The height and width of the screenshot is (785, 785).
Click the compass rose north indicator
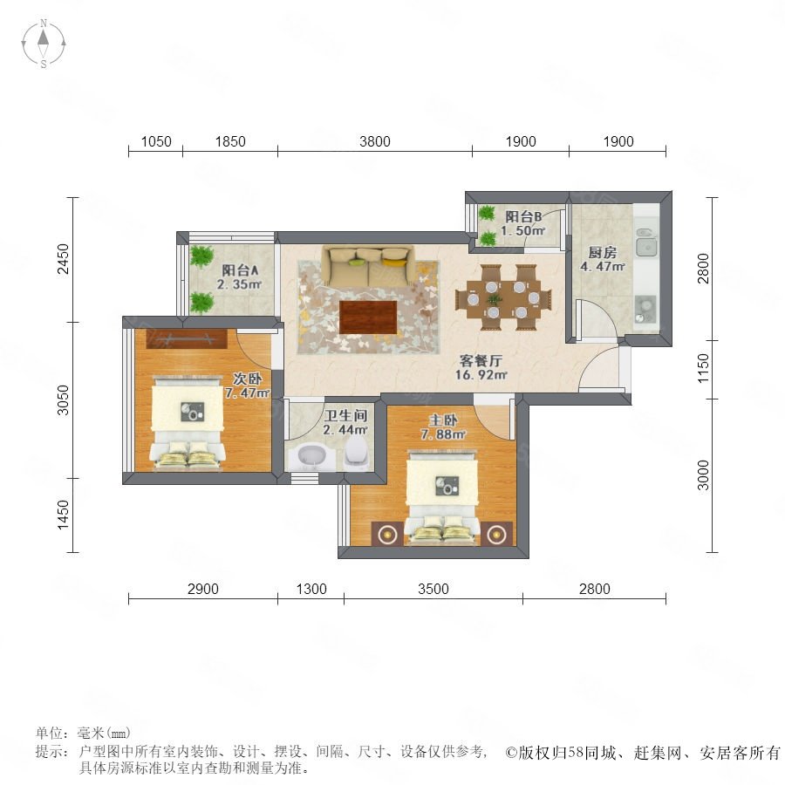tap(44, 23)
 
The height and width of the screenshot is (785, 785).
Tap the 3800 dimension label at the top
tap(374, 141)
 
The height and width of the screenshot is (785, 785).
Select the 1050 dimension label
tap(156, 141)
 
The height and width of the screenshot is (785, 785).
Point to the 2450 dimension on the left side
tap(63, 259)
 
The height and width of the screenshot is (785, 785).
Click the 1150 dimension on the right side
tap(703, 368)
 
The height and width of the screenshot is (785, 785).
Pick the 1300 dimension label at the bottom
tap(311, 589)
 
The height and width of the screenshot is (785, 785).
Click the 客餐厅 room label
tap(480, 360)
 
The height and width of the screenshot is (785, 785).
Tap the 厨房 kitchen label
tap(602, 253)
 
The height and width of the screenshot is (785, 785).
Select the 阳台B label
tap(523, 217)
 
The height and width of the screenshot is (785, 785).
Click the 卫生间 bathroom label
tap(345, 415)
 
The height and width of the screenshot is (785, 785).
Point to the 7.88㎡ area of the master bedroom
tap(443, 434)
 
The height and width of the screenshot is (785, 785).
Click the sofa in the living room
tap(368, 265)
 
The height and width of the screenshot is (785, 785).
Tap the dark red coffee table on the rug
tap(368, 317)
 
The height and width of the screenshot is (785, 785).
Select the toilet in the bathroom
tap(356, 451)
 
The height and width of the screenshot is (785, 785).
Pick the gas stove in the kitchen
tap(645, 310)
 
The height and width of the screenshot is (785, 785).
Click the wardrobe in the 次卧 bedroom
tap(187, 339)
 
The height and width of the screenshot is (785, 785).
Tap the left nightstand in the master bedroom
tap(387, 534)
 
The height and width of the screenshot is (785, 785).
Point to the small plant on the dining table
tap(495, 300)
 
